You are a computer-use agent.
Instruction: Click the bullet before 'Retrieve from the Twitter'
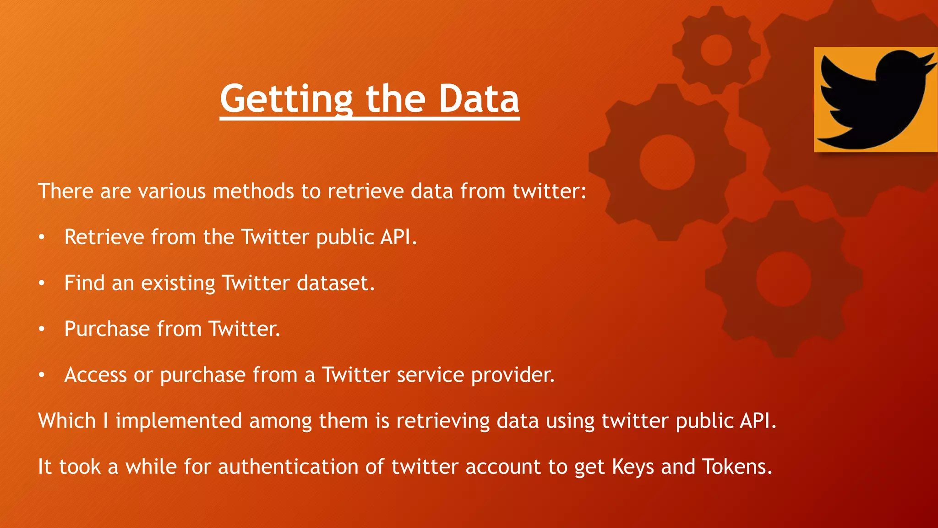pyautogui.click(x=42, y=237)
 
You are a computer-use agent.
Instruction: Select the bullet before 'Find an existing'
pyautogui.click(x=42, y=283)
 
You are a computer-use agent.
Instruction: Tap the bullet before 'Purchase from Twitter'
pyautogui.click(x=42, y=329)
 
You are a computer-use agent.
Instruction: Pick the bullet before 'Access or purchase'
pyautogui.click(x=42, y=375)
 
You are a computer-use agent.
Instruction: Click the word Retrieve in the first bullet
pyautogui.click(x=104, y=237)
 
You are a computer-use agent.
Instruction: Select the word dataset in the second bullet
pyautogui.click(x=335, y=283)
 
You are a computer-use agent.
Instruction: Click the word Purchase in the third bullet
pyautogui.click(x=107, y=329)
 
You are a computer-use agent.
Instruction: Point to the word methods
pyautogui.click(x=253, y=191)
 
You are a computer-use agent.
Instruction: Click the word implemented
pyautogui.click(x=179, y=421)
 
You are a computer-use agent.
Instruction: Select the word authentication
pyautogui.click(x=288, y=467)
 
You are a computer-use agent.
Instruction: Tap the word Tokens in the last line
pyautogui.click(x=737, y=467)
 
